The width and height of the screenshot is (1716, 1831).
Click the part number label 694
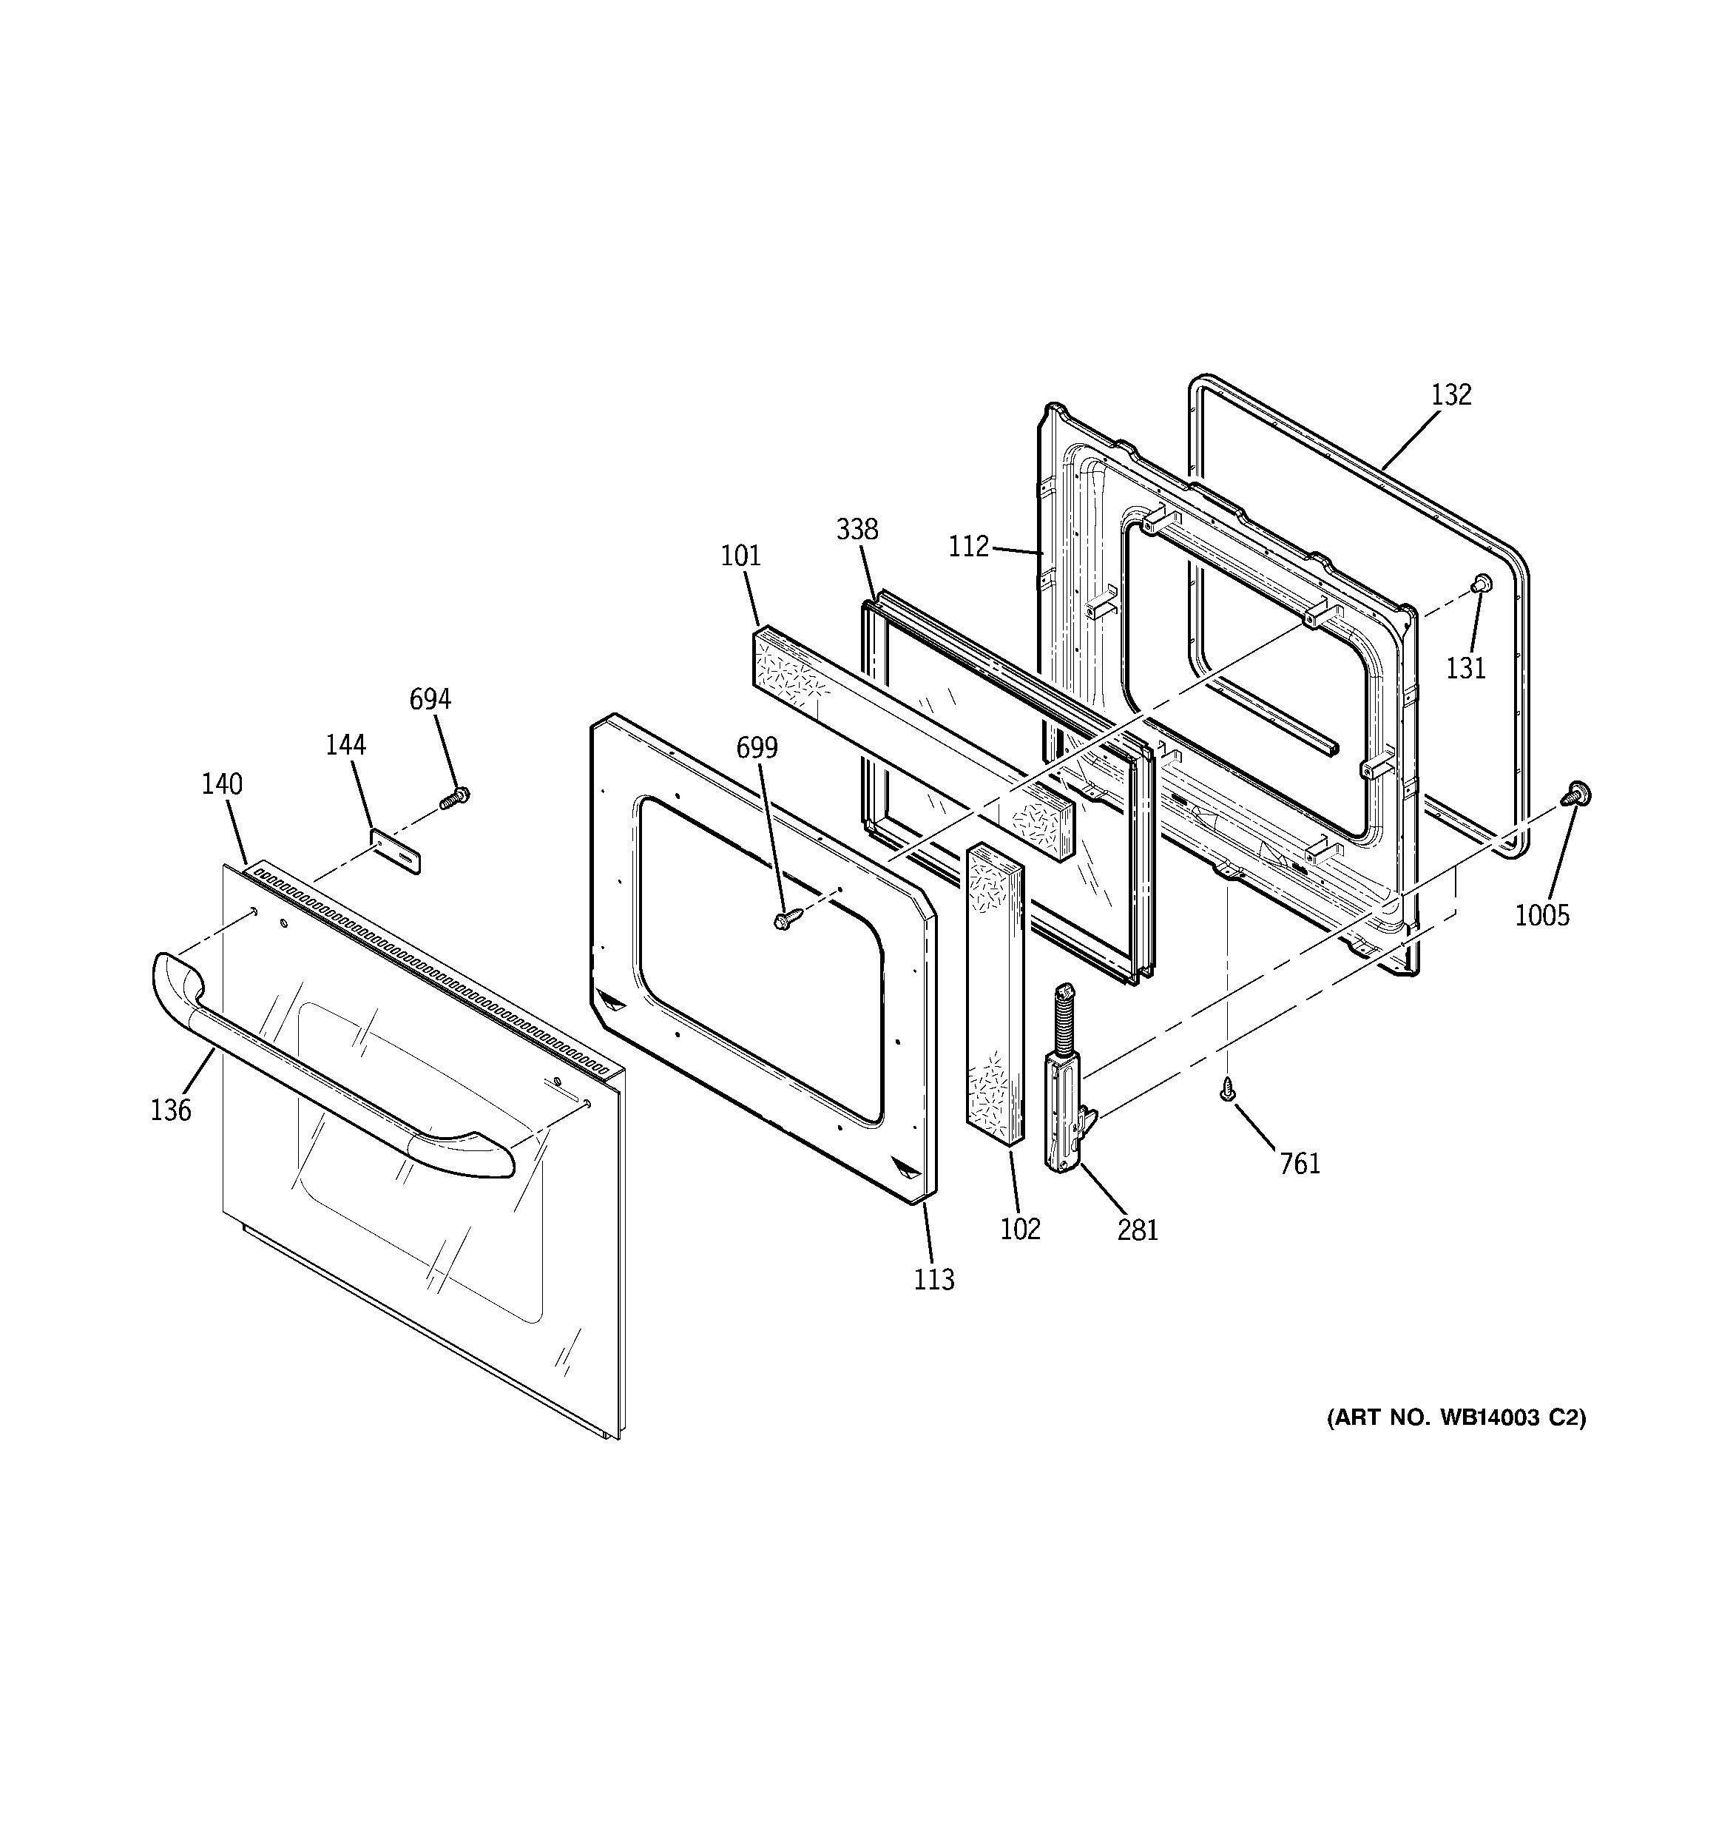tap(430, 700)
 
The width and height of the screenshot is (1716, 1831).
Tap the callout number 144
tap(345, 744)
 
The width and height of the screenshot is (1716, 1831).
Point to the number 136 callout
tap(172, 1110)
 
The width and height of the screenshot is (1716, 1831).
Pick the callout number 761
tap(1300, 1164)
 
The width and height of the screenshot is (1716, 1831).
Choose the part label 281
tap(1138, 1230)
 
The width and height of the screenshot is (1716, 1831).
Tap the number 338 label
tap(857, 530)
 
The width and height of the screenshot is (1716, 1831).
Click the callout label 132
tap(1452, 394)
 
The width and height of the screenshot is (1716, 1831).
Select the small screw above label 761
tap(1226, 1090)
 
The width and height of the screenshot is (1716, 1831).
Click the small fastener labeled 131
tap(1480, 583)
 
